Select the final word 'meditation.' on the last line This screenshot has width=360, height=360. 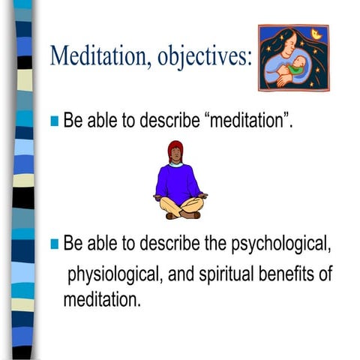(101, 300)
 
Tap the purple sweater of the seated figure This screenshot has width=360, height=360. (178, 181)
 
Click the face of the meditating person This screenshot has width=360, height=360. (177, 154)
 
